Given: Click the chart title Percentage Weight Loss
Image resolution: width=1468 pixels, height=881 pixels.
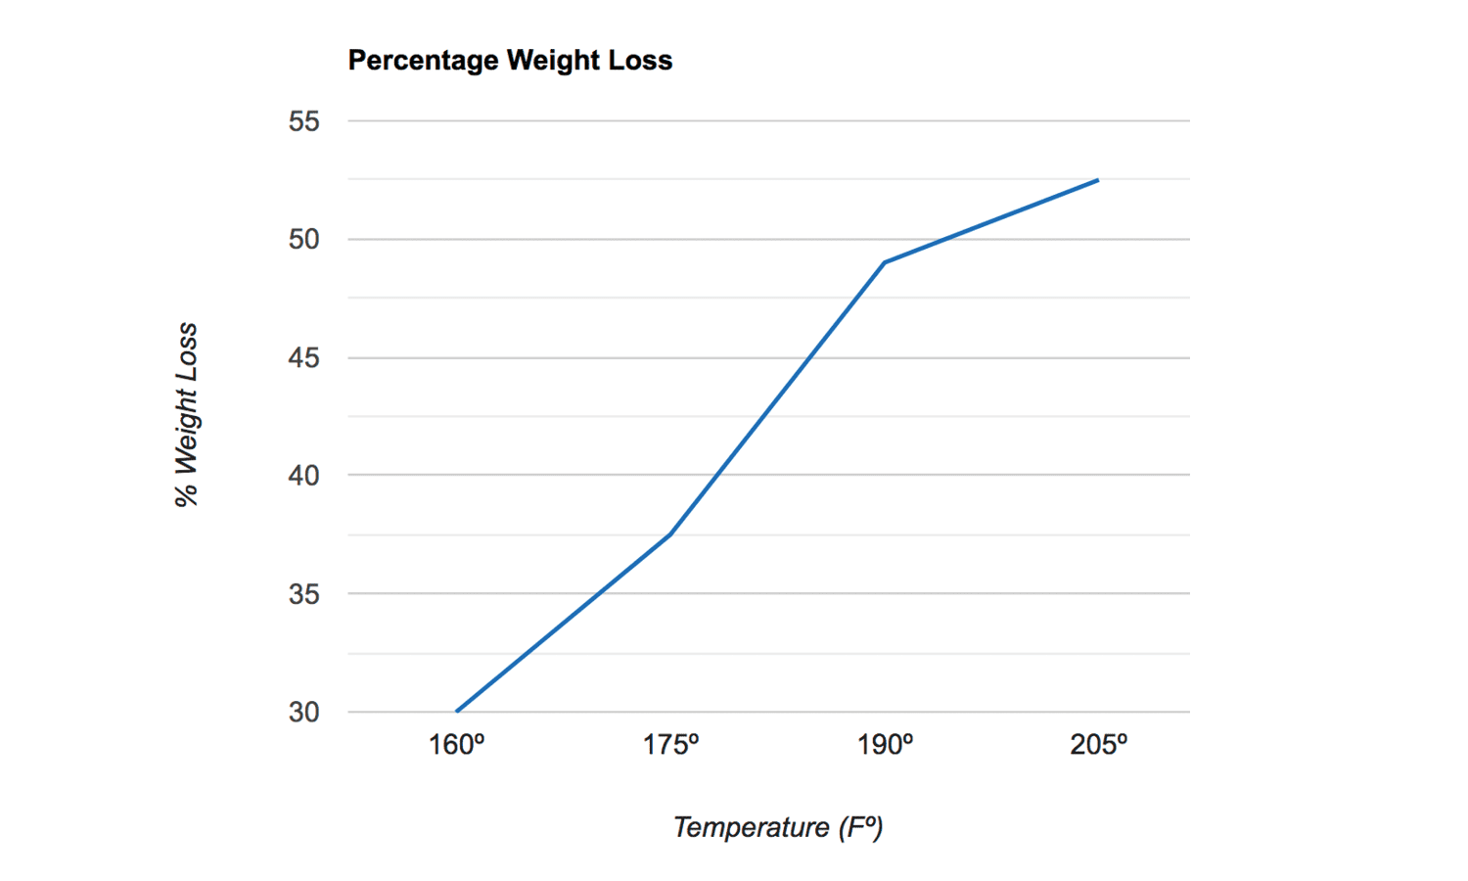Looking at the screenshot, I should pyautogui.click(x=510, y=61).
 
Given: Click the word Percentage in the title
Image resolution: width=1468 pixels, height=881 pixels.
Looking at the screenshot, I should pyautogui.click(x=423, y=61).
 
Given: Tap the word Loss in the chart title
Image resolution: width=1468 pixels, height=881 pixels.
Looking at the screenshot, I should pyautogui.click(x=640, y=61).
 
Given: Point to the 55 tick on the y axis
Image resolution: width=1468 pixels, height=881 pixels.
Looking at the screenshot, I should pyautogui.click(x=304, y=121).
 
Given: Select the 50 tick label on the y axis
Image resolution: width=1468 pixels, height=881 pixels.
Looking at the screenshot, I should pyautogui.click(x=304, y=240).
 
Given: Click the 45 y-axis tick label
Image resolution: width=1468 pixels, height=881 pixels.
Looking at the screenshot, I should pyautogui.click(x=304, y=358).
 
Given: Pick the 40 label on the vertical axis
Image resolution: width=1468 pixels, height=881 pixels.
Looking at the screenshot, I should pyautogui.click(x=304, y=476).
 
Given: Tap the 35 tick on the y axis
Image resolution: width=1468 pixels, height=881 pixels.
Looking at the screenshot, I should pyautogui.click(x=304, y=594).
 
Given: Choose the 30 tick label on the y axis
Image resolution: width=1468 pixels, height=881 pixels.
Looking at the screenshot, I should pyautogui.click(x=304, y=713).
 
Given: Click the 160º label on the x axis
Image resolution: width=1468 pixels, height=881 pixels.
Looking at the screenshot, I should pyautogui.click(x=456, y=746).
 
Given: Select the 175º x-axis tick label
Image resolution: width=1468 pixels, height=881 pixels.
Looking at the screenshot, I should pyautogui.click(x=670, y=746).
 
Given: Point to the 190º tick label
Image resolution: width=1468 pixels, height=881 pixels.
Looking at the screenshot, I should pyautogui.click(x=885, y=746).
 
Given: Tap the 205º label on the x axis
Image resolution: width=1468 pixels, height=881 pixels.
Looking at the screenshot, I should pyautogui.click(x=1098, y=746).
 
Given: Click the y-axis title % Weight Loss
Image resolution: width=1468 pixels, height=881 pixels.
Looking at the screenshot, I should pyautogui.click(x=186, y=415).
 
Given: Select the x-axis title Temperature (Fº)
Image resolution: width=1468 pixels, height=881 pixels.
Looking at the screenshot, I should pyautogui.click(x=778, y=828).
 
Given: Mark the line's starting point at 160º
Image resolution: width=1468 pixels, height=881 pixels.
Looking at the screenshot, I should pyautogui.click(x=457, y=712).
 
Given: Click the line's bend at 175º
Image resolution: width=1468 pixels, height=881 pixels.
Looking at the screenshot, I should pyautogui.click(x=670, y=533).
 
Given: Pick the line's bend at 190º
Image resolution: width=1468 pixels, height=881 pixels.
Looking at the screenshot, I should pyautogui.click(x=885, y=262).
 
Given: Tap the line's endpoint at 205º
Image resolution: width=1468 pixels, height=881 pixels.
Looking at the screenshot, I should pyautogui.click(x=1098, y=180).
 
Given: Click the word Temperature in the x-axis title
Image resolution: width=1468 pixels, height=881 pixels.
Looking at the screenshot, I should pyautogui.click(x=751, y=828).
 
